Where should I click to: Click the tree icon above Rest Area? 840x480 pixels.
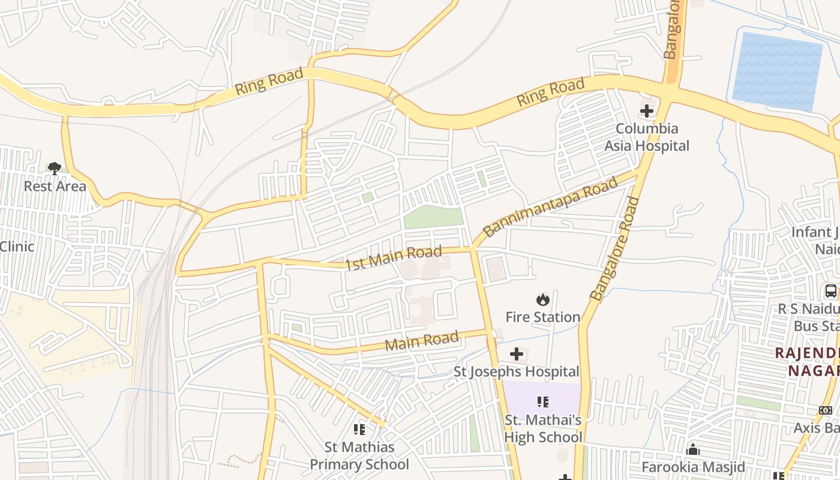pyautogui.click(x=55, y=168)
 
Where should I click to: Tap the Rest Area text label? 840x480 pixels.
pyautogui.click(x=55, y=187)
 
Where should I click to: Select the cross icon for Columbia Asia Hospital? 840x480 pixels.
pyautogui.click(x=646, y=111)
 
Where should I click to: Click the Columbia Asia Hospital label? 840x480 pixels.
pyautogui.click(x=646, y=137)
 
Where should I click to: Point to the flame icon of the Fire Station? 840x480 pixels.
pyautogui.click(x=542, y=299)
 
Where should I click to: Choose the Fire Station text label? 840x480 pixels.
pyautogui.click(x=542, y=317)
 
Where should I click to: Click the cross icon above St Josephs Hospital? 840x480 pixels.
pyautogui.click(x=516, y=355)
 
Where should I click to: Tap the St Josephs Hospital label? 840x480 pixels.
pyautogui.click(x=516, y=372)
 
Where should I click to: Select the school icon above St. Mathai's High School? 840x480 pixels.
pyautogui.click(x=542, y=402)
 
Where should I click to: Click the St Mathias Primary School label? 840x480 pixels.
pyautogui.click(x=359, y=456)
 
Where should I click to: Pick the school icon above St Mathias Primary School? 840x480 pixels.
pyautogui.click(x=359, y=429)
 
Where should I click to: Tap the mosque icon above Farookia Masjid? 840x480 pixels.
pyautogui.click(x=693, y=449)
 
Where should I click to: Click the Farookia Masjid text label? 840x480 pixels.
pyautogui.click(x=693, y=467)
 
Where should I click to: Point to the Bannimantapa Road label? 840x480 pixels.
pyautogui.click(x=550, y=207)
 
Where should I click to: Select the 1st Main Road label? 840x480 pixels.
pyautogui.click(x=394, y=258)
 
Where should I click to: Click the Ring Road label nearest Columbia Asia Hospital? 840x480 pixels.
pyautogui.click(x=550, y=93)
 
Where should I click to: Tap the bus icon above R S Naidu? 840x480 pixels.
pyautogui.click(x=831, y=292)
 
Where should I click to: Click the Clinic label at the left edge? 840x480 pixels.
pyautogui.click(x=17, y=247)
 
